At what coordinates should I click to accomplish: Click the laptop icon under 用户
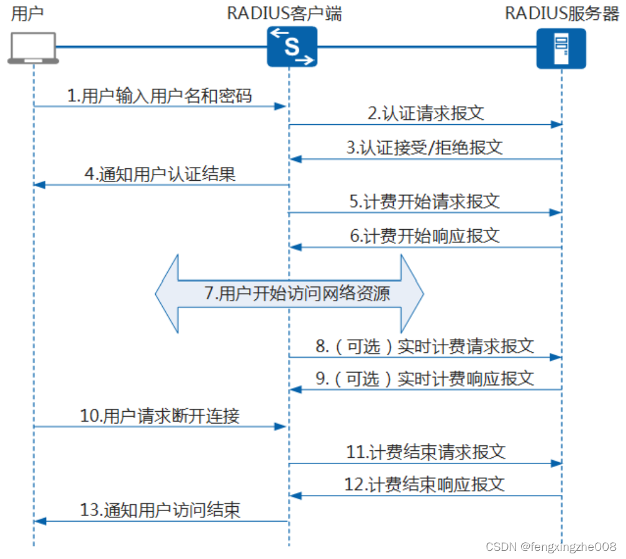click(34, 48)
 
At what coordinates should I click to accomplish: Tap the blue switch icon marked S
click(292, 47)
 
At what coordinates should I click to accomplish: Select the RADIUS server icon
click(561, 47)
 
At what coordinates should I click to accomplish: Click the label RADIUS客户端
click(284, 14)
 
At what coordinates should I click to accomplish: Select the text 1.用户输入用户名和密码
click(160, 96)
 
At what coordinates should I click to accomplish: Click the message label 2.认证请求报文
click(426, 114)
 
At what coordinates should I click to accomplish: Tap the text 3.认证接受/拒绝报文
click(425, 148)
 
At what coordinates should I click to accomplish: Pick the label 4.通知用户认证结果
click(160, 174)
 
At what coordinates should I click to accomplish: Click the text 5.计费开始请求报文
click(425, 201)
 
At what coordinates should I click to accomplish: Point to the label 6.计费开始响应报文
click(425, 236)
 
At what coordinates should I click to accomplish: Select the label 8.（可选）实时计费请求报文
click(425, 346)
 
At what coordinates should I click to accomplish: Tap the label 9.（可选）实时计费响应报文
click(425, 379)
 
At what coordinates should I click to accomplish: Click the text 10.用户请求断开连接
click(160, 416)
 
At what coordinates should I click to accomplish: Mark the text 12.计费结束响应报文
click(425, 484)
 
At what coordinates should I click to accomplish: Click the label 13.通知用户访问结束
click(160, 511)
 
